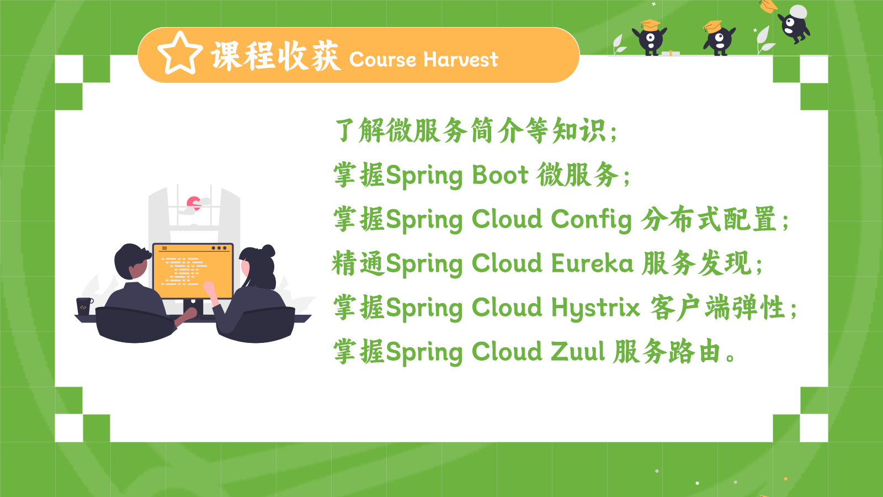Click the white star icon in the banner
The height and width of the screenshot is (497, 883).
180,54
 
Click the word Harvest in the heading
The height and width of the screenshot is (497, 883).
461,60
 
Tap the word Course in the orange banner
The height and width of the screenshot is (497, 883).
382,60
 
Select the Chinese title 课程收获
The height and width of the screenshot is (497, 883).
275,56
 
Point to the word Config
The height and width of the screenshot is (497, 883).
591,220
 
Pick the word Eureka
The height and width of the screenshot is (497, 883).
592,263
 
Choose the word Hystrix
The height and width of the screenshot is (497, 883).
595,308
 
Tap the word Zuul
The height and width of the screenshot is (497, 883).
577,351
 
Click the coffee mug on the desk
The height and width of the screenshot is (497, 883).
84,306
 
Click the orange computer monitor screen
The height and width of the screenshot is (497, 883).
193,271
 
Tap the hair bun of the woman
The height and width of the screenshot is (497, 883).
268,251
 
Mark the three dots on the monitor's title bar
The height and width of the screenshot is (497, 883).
219,248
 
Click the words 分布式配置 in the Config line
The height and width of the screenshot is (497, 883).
709,219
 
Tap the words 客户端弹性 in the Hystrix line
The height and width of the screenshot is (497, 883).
717,307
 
